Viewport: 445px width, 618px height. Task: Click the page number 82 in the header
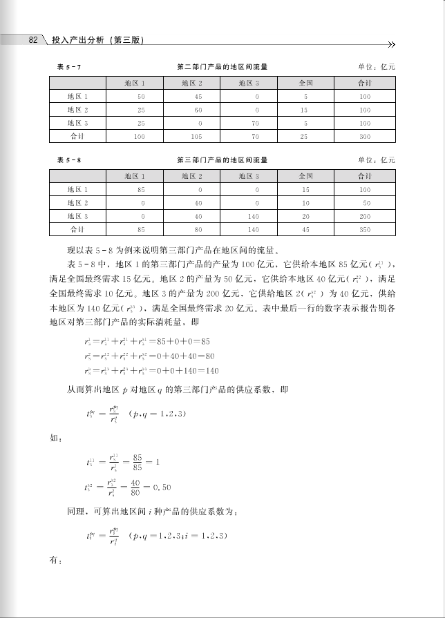click(32, 40)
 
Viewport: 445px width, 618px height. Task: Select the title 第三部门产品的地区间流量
click(222, 160)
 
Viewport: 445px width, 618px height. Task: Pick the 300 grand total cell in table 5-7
click(365, 136)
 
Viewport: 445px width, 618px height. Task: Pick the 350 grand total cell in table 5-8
click(365, 229)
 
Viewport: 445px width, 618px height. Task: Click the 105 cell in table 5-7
click(196, 136)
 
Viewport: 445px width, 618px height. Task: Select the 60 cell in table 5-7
click(198, 110)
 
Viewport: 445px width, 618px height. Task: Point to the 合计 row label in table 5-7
click(77, 136)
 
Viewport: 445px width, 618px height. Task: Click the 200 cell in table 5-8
click(366, 216)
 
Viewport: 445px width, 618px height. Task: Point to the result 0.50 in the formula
click(161, 487)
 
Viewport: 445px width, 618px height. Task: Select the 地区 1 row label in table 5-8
click(77, 189)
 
